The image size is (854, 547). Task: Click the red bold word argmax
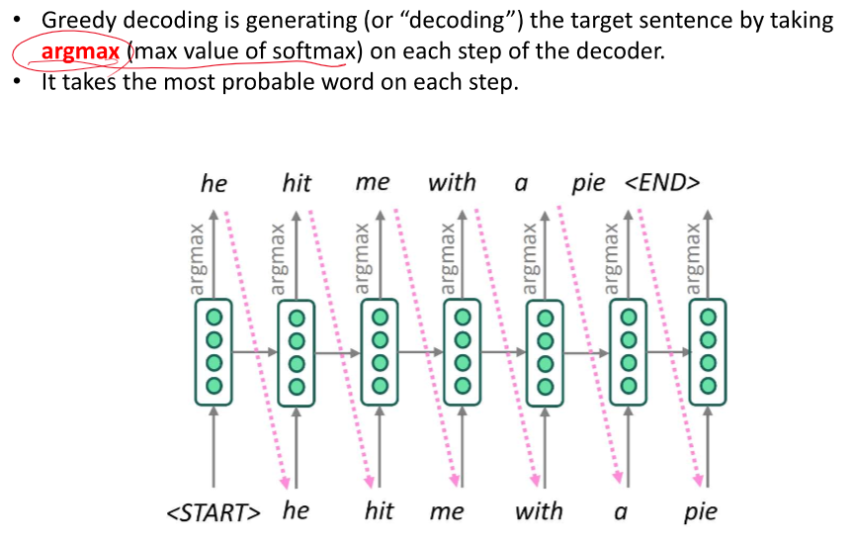pyautogui.click(x=80, y=51)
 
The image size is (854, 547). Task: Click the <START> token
pyautogui.click(x=214, y=512)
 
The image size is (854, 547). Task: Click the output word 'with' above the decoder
pyautogui.click(x=452, y=183)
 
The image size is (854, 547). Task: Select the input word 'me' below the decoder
pyautogui.click(x=447, y=512)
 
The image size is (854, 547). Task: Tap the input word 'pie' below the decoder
pyautogui.click(x=700, y=512)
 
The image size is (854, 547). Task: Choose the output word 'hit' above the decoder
pyautogui.click(x=296, y=183)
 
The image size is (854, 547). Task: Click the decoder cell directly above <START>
pyautogui.click(x=213, y=352)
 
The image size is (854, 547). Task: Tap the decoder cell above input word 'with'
pyautogui.click(x=543, y=352)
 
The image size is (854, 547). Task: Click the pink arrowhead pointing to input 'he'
pyautogui.click(x=287, y=483)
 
